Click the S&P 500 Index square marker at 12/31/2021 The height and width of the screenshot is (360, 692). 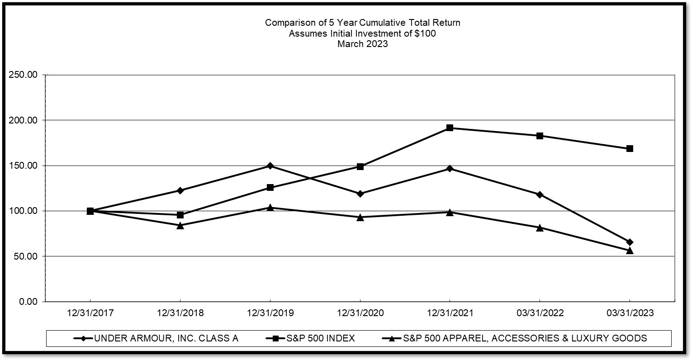click(x=450, y=128)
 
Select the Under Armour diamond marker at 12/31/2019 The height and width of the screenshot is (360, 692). click(x=270, y=166)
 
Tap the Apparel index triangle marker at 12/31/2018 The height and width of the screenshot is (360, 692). click(x=180, y=225)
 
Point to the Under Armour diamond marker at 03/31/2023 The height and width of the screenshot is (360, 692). click(x=630, y=242)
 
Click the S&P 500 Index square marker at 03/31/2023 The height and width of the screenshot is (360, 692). click(x=630, y=148)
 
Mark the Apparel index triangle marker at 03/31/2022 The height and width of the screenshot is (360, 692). click(x=540, y=227)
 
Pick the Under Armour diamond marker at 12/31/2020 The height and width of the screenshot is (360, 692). click(x=360, y=194)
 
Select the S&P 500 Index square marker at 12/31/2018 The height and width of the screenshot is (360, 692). click(x=180, y=215)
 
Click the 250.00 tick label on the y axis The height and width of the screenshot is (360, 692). click(x=23, y=75)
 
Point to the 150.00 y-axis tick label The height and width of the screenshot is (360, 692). click(x=23, y=166)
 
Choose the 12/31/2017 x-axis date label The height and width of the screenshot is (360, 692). click(x=90, y=313)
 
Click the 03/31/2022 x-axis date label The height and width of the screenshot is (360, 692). click(x=540, y=313)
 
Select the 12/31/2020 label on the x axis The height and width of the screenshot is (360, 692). click(x=360, y=313)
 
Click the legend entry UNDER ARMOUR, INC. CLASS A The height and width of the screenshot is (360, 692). click(x=166, y=338)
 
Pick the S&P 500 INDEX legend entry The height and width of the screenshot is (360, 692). click(x=320, y=338)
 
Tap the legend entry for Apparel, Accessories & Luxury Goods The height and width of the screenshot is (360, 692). click(x=525, y=338)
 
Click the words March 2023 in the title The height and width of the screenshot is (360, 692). click(x=362, y=44)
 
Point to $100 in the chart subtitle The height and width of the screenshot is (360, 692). click(x=425, y=33)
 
